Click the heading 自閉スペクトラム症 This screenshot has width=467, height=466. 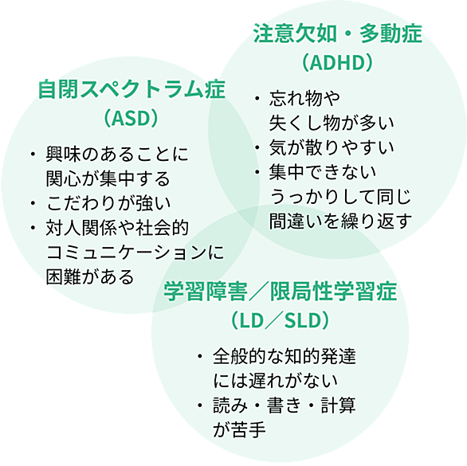point(131,89)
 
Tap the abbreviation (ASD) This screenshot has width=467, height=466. point(131,118)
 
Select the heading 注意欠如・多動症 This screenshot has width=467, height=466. point(338,33)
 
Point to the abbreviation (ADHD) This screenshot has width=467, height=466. point(337,62)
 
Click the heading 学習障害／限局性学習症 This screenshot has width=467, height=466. point(280,291)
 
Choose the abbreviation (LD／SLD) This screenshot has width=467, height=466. point(280,320)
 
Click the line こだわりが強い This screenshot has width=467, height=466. point(108,203)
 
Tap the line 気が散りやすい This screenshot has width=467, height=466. point(332,147)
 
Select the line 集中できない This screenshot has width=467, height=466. point(323,172)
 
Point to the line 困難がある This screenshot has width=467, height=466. point(90,277)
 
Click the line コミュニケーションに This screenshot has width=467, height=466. point(135,253)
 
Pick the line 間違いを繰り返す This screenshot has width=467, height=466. point(340,221)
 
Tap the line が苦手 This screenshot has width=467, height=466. point(239,429)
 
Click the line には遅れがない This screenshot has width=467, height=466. point(276,381)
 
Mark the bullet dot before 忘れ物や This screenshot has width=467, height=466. point(257,98)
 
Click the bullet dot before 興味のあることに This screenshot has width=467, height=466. point(33,154)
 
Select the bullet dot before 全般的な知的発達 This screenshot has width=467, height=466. point(200,356)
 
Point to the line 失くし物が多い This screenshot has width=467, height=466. point(332,123)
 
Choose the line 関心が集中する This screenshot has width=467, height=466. point(108,178)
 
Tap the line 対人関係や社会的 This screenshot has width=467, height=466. point(117,228)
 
